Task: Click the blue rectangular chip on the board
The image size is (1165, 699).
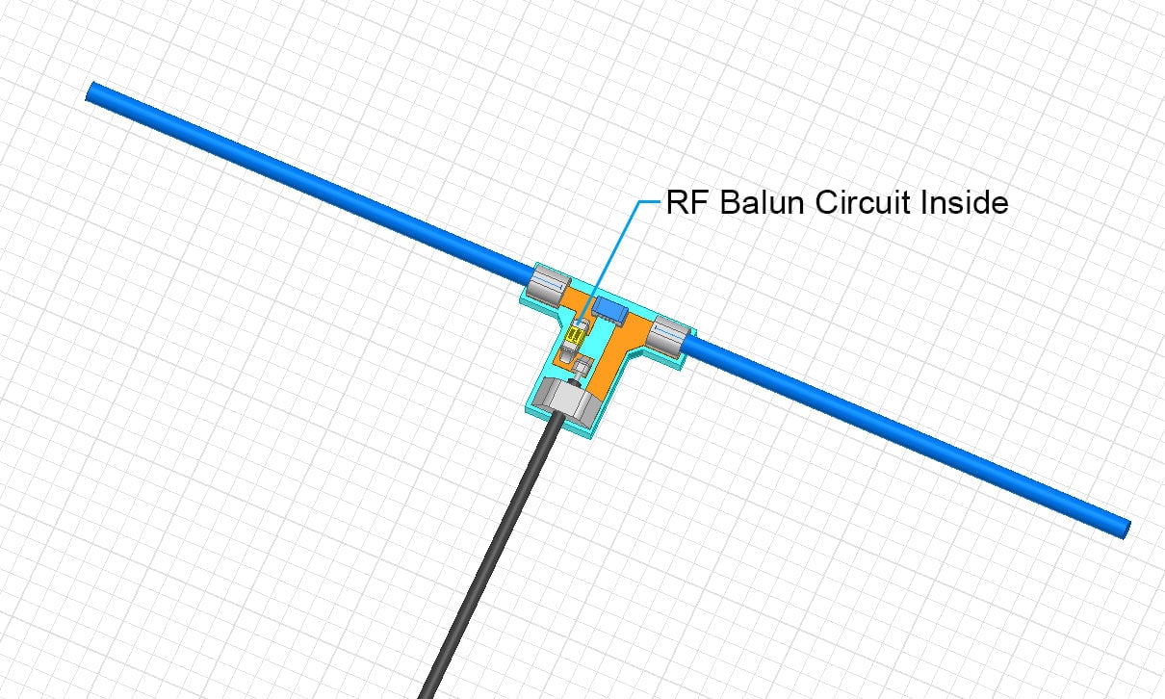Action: click(608, 309)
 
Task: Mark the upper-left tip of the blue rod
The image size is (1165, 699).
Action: click(92, 92)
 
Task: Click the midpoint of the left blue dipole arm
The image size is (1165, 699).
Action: click(308, 182)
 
